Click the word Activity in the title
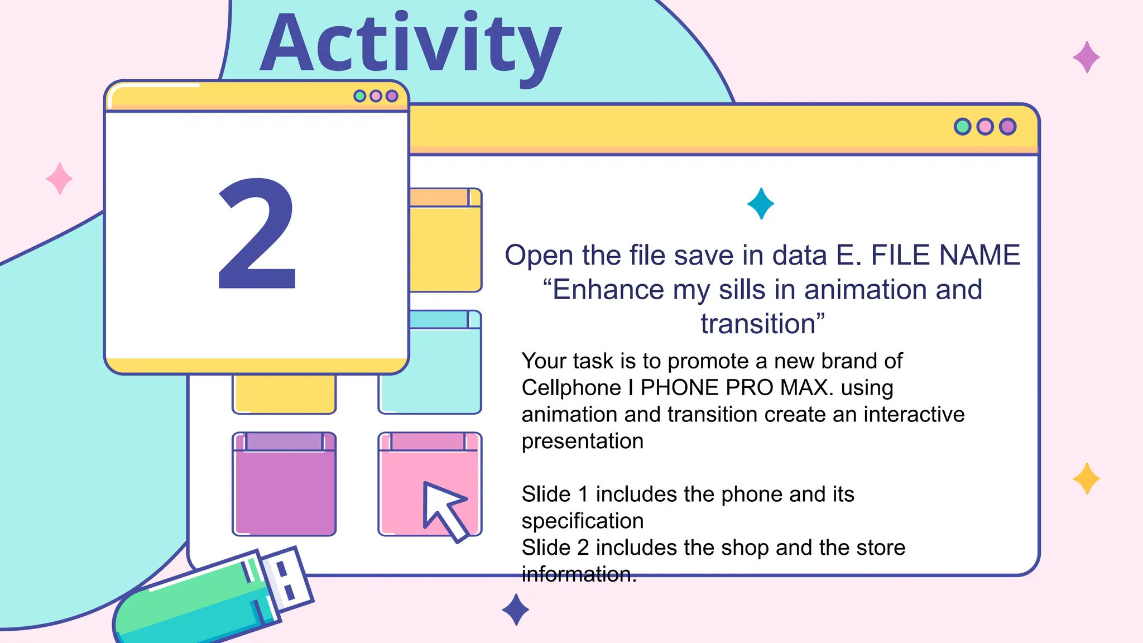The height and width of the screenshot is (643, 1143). [411, 44]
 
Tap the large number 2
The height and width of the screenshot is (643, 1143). [257, 234]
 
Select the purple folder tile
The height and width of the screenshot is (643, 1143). [284, 484]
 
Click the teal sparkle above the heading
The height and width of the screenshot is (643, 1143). [761, 204]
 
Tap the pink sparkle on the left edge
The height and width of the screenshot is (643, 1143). [59, 179]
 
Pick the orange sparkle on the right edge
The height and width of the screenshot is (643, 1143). [1086, 479]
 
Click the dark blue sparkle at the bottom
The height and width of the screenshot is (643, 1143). [516, 610]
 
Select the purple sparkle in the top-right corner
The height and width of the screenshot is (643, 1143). [1086, 57]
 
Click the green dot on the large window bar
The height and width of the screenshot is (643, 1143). [963, 127]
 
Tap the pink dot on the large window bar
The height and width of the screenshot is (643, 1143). [985, 127]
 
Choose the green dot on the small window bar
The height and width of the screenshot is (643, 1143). [360, 96]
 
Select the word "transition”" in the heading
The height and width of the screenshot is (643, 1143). [763, 324]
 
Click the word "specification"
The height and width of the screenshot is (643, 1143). [583, 521]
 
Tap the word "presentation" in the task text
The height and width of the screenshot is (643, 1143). [583, 442]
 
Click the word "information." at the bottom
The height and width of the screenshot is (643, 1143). [579, 574]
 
